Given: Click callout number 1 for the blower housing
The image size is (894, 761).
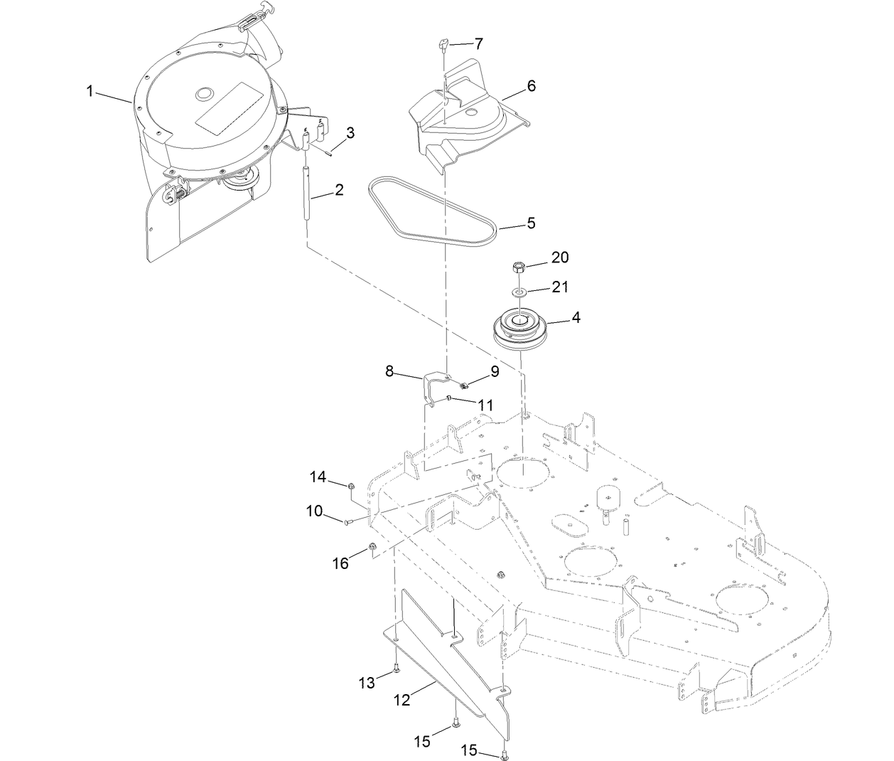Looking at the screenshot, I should (x=90, y=91).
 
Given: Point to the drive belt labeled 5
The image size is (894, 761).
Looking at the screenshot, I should (x=434, y=213).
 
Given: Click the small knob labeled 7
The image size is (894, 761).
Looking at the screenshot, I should (x=443, y=46).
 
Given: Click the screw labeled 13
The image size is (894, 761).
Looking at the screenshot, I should (x=397, y=669).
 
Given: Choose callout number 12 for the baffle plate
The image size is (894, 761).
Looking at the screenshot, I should (x=402, y=700).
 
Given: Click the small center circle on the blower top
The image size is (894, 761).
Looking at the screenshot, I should (x=205, y=92).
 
